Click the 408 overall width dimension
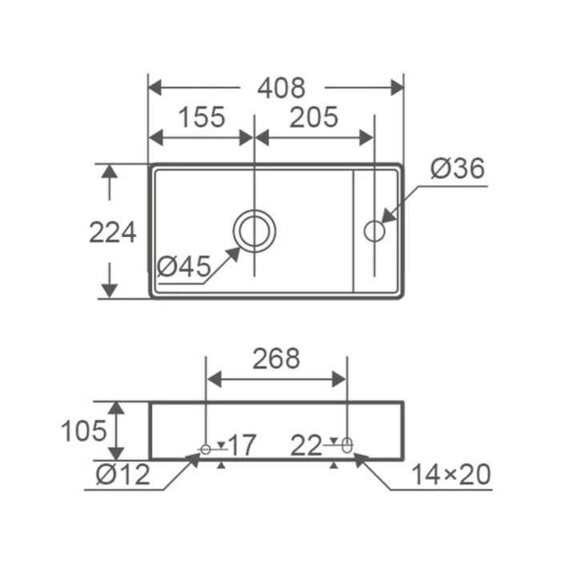281,88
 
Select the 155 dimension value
202,118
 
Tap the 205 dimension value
314,118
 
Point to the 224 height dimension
113,233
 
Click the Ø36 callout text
458,168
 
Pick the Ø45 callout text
183,266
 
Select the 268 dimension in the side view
276,359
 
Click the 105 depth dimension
84,431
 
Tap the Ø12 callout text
122,475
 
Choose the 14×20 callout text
452,475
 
